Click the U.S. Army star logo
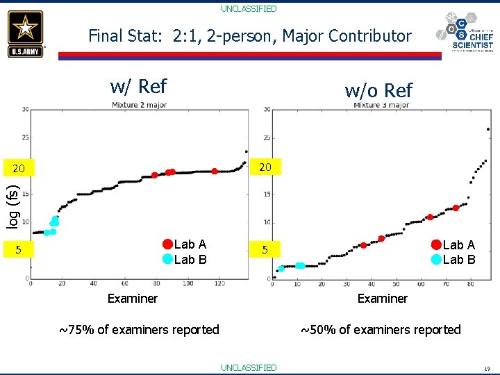26,33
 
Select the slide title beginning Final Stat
250,36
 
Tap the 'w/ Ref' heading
138,86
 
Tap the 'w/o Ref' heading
378,90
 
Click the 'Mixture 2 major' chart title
139,106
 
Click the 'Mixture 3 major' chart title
381,106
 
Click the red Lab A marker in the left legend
167,244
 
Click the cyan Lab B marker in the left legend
167,259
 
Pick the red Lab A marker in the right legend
436,244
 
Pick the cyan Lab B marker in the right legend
436,260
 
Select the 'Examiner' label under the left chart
132,299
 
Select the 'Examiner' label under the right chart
383,299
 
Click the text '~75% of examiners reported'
139,330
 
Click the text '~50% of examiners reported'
381,330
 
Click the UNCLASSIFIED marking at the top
249,9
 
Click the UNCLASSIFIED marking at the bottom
249,367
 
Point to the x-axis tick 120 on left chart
220,285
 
